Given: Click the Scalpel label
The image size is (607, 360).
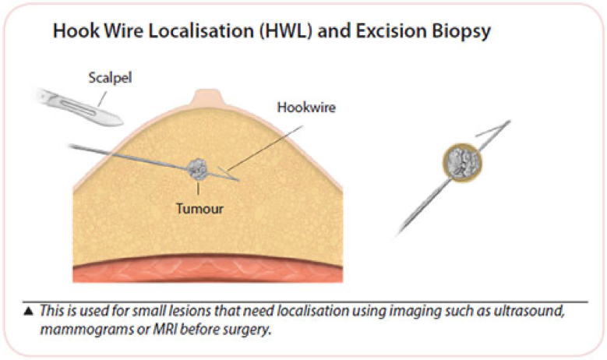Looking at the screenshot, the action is (111, 78).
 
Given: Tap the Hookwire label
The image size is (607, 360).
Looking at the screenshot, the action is (306, 108).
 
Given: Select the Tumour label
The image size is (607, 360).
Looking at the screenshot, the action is (199, 209).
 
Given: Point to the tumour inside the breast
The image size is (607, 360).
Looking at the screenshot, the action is (197, 170).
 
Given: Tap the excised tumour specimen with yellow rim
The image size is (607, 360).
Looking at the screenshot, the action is (462, 163).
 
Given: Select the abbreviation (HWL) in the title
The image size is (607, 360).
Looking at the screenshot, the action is (286, 31).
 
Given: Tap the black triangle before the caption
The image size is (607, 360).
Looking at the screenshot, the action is (29, 310).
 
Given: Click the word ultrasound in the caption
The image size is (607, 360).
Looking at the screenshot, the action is (529, 311).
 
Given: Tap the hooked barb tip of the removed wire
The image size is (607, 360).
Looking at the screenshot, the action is (510, 122).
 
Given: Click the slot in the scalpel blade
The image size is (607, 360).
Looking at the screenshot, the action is (77, 105).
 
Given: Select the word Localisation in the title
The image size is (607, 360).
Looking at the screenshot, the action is (201, 30).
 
